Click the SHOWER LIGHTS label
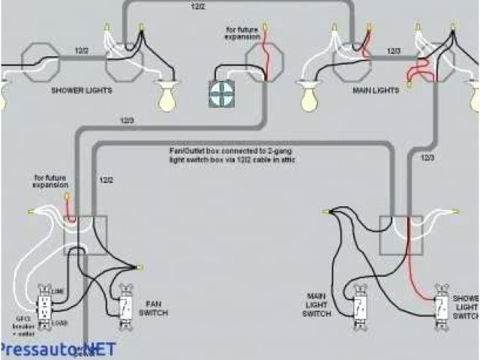coord(82,90)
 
